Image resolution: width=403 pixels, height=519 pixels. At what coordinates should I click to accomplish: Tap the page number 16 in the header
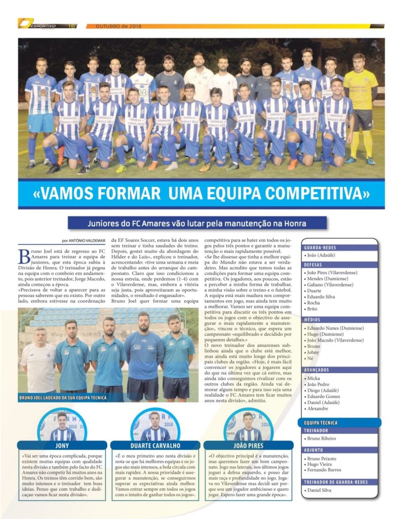pyautogui.click(x=72, y=26)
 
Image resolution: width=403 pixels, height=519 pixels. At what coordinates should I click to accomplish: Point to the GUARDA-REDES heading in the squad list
pyautogui.click(x=320, y=248)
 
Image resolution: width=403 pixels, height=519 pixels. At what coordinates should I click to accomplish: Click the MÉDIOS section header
pyautogui.click(x=314, y=320)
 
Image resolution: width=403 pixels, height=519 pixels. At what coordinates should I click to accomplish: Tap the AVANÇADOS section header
pyautogui.click(x=318, y=370)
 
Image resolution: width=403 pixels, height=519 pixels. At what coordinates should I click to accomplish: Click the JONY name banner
pyautogui.click(x=62, y=446)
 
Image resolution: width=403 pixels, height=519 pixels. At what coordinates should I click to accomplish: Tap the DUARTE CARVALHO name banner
pyautogui.click(x=155, y=446)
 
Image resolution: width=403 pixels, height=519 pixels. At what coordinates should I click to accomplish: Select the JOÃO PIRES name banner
pyautogui.click(x=248, y=446)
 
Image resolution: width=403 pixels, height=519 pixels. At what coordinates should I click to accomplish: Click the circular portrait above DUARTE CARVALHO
pyautogui.click(x=154, y=426)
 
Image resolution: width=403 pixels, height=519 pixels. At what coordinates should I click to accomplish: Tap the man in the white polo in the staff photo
pyautogui.click(x=38, y=359)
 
